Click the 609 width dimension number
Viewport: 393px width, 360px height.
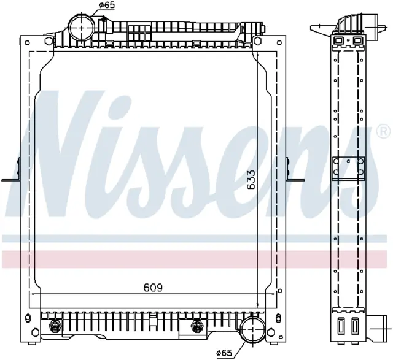click(x=153, y=288)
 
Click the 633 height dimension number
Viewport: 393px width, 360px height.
click(x=250, y=179)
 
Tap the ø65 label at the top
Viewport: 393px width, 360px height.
click(x=107, y=6)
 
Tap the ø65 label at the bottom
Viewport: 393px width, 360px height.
click(x=224, y=353)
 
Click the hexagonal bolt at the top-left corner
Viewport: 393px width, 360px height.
click(x=49, y=40)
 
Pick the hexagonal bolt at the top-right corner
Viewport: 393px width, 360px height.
click(x=257, y=40)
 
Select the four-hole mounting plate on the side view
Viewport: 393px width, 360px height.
click(x=348, y=169)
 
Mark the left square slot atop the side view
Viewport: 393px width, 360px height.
click(x=339, y=40)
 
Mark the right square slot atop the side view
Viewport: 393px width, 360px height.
click(x=357, y=40)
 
